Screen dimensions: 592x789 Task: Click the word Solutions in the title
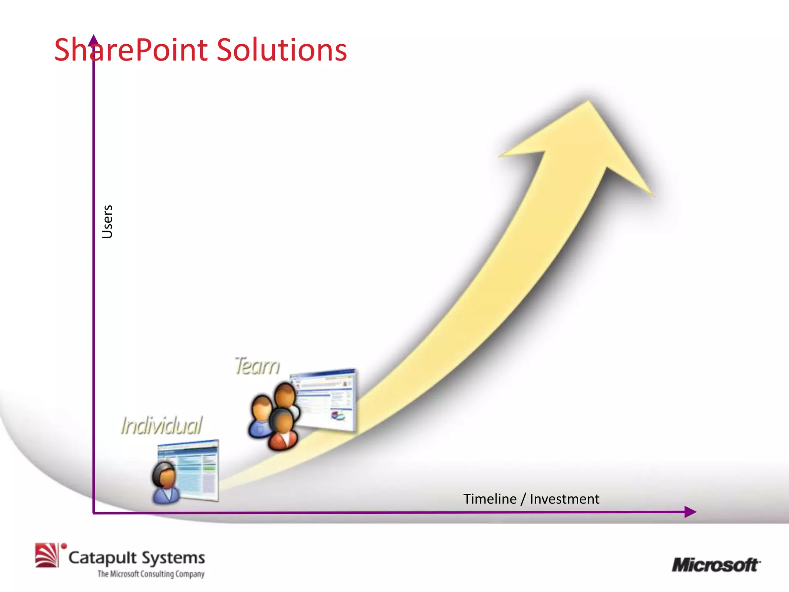pos(281,50)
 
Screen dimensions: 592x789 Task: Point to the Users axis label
pos(107,222)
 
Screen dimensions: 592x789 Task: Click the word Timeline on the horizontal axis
pos(490,499)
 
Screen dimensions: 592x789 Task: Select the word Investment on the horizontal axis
pos(564,499)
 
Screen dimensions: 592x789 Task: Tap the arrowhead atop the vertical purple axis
pos(93,40)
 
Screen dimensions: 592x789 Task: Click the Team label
pos(257,366)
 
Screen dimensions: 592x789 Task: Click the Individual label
pos(161,425)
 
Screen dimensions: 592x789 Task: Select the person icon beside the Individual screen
pos(165,483)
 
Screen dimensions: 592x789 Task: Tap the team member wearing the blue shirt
pos(260,416)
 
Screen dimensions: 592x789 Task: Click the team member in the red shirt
pos(284,430)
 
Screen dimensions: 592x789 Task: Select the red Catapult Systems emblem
pos(47,555)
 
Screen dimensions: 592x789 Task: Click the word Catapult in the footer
pos(102,558)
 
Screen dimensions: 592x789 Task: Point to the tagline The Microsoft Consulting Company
pos(151,574)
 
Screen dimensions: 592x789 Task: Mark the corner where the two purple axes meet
pos(94,513)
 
